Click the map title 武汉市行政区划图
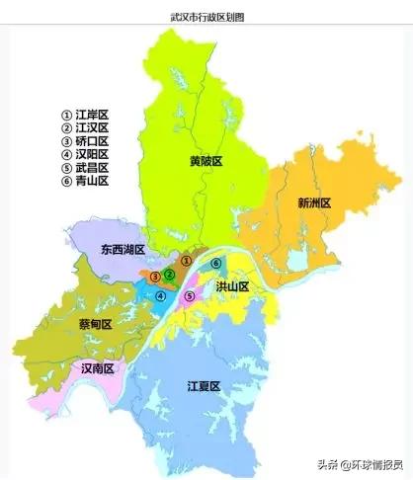pos(206,18)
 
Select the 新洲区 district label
pos(313,202)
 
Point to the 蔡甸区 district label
pos(94,323)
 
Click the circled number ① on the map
pos(184,259)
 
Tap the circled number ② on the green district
pos(170,274)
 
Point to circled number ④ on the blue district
pos(160,295)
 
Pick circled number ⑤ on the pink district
pos(189,295)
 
